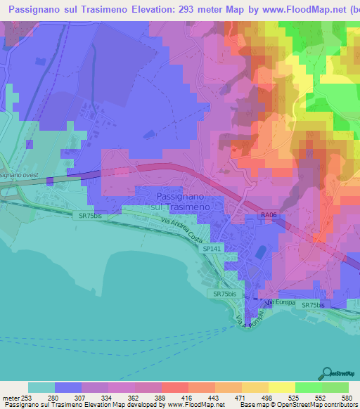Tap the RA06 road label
click(268, 216)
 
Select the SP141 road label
click(212, 249)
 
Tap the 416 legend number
click(188, 397)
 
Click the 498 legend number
click(268, 397)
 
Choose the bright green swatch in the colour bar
click(308, 387)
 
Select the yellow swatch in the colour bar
click(281, 387)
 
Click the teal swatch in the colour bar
click(41, 387)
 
